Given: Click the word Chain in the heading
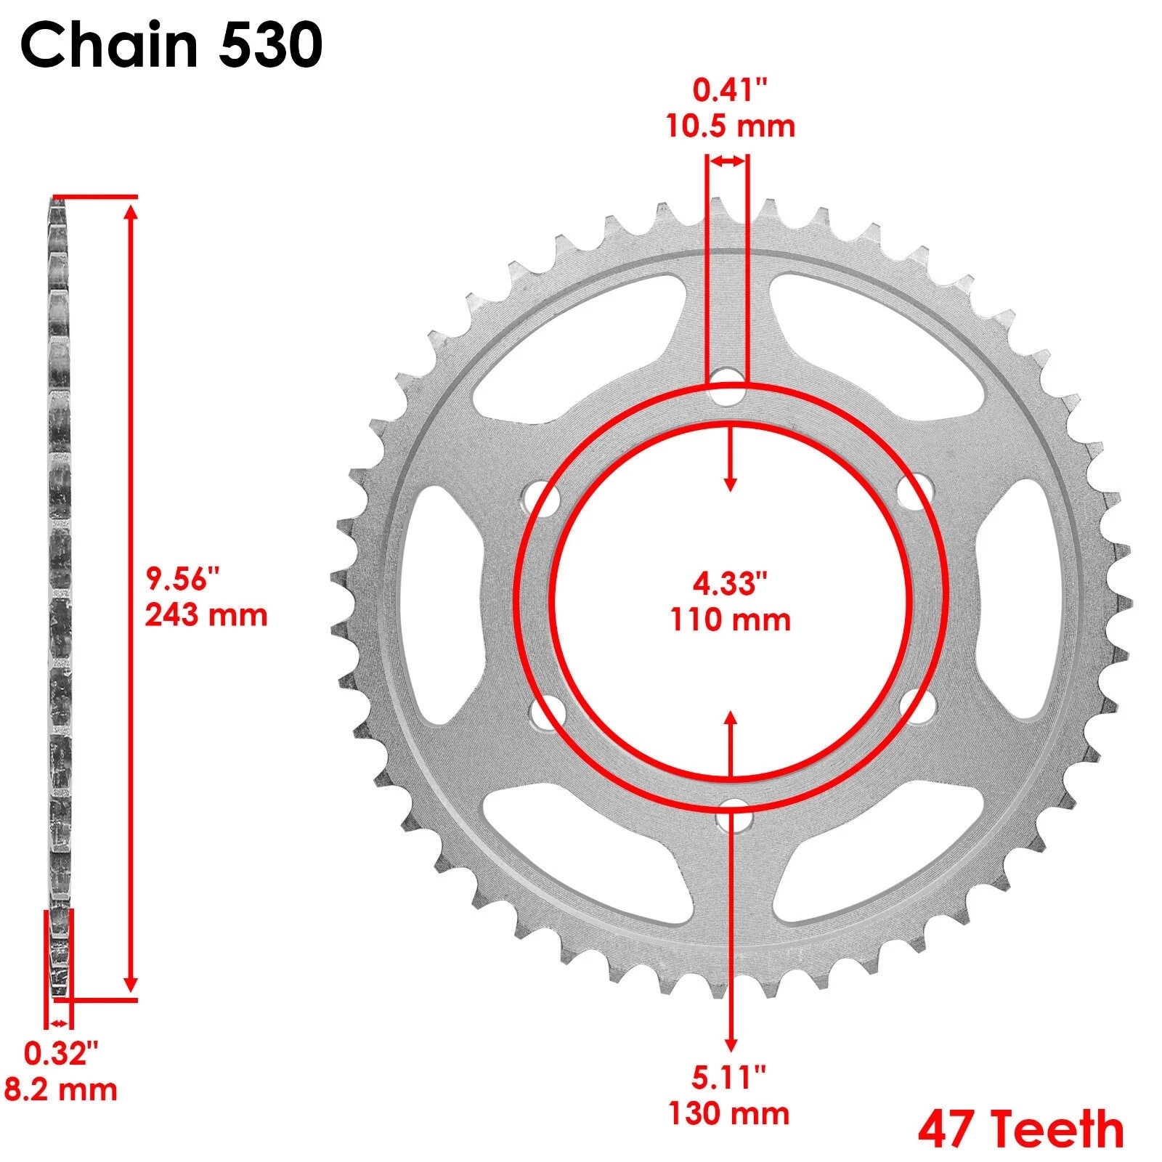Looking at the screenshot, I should tap(109, 45).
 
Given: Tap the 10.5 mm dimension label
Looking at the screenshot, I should tap(731, 126).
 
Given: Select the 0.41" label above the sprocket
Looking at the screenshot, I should tap(729, 92).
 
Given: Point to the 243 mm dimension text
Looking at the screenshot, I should tap(206, 615).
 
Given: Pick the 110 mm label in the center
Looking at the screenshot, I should tap(730, 620).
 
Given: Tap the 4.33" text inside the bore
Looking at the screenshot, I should tap(729, 583).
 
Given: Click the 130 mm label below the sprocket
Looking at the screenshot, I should tap(729, 1113).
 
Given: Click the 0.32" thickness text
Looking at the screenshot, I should tap(60, 1055).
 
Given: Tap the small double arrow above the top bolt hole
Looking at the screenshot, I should tap(728, 161).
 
